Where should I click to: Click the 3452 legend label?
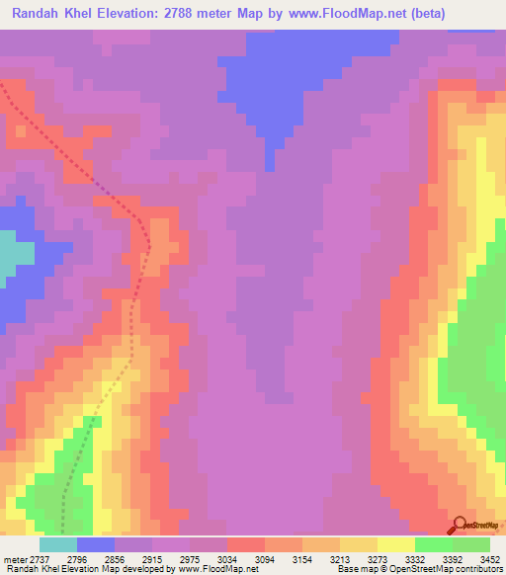point(480,558)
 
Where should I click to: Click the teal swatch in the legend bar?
point(58,544)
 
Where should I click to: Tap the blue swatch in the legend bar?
point(96,544)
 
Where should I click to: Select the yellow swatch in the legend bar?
point(395,544)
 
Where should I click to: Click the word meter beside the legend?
point(14,558)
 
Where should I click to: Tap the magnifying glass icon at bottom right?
point(459,525)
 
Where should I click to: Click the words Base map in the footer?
point(354,569)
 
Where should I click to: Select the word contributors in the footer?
point(479,569)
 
